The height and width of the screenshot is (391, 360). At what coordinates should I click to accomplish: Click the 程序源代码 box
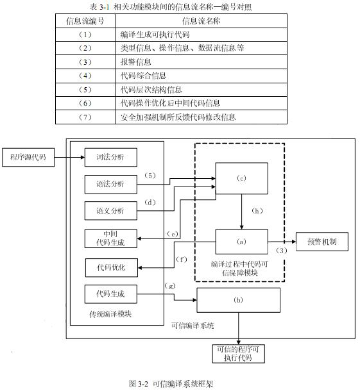(28, 156)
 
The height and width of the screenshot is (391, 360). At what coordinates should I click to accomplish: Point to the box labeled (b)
(238, 299)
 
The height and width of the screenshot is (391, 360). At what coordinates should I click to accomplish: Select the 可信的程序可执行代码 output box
(238, 354)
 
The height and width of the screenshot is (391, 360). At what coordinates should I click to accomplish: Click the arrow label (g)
(169, 284)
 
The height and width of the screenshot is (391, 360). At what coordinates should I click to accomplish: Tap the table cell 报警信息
(135, 62)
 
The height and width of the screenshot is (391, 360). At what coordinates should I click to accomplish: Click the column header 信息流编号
(85, 21)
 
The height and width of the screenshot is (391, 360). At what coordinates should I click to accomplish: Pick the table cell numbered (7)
(85, 117)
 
